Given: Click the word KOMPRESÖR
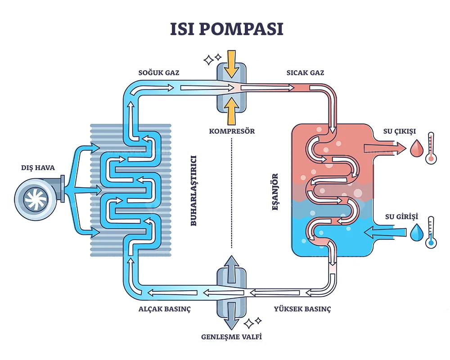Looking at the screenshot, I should point(232,131).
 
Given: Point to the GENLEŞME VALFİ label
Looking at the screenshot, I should point(232,337).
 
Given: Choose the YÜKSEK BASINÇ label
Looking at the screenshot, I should point(302,309).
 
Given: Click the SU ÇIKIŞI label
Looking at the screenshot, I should point(400,131).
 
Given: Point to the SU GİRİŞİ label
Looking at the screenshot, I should point(400,217).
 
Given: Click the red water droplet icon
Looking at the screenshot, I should point(417,148).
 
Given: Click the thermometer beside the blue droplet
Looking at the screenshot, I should point(432,232).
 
